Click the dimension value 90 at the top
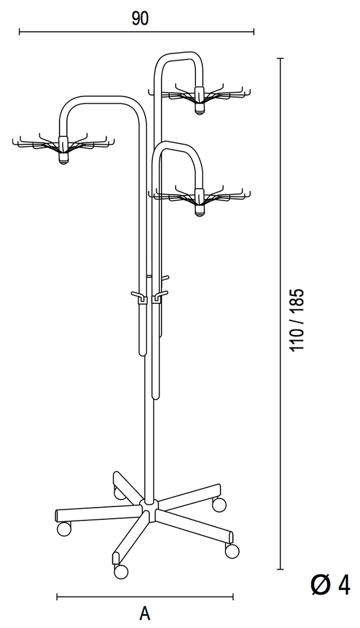tap(140, 18)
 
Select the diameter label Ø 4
tap(331, 585)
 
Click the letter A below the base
tap(145, 613)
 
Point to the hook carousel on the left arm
tap(63, 145)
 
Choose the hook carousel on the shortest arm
tap(199, 197)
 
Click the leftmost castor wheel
tap(64, 529)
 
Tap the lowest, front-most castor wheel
tap(120, 572)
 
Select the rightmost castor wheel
tap(232, 551)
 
